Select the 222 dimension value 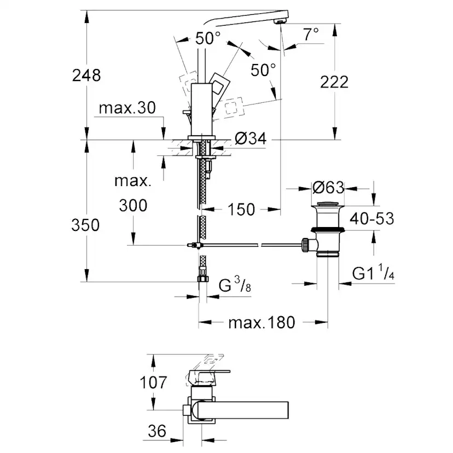pos(334,82)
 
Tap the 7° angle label pos(310,34)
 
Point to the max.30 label pos(126,108)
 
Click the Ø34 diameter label pos(250,140)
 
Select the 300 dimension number pos(133,206)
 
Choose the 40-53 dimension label pos(372,219)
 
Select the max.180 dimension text pos(262,322)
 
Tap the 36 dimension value pos(156,431)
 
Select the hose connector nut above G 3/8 pos(201,278)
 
